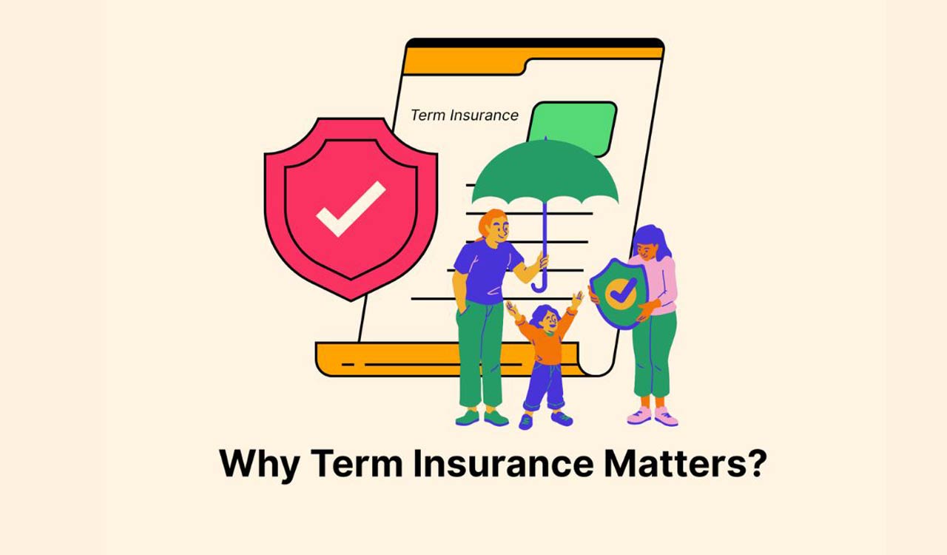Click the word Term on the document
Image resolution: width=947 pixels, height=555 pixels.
[x=426, y=115]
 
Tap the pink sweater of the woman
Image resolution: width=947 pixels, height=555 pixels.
[x=662, y=281]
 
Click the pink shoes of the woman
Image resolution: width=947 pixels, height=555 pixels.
[x=652, y=416]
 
